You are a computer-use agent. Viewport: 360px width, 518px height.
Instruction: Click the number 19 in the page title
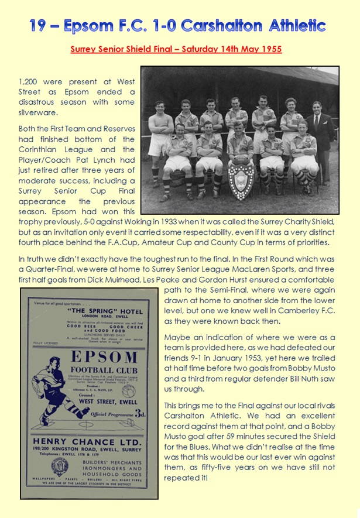[x=42, y=26]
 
